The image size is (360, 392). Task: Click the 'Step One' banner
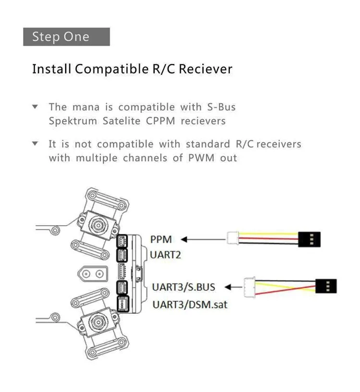[x=66, y=37]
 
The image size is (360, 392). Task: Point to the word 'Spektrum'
[x=72, y=121]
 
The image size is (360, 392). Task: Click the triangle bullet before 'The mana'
[x=35, y=107]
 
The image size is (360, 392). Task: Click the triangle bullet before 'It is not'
[x=35, y=144]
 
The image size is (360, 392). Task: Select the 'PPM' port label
[x=160, y=239]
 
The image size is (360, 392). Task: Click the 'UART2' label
[x=165, y=255]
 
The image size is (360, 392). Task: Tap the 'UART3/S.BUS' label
[x=183, y=287]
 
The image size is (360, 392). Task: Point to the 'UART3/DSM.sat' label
[x=189, y=304]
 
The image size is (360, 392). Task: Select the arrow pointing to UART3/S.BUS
[x=234, y=287]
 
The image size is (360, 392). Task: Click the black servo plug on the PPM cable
[x=309, y=239]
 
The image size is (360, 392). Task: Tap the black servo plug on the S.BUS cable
[x=326, y=286]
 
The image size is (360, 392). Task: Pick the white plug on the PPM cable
[x=233, y=238]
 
